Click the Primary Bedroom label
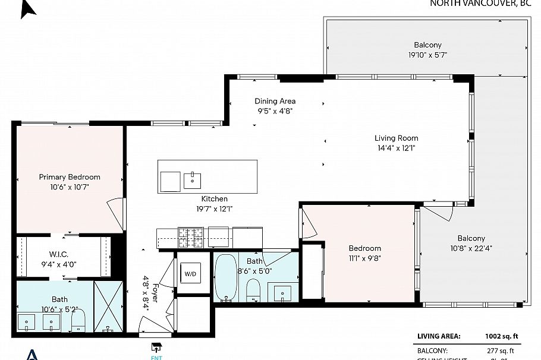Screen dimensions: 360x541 [x=70, y=177]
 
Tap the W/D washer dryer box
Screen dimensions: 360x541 [x=190, y=274]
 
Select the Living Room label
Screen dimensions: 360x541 [x=396, y=138]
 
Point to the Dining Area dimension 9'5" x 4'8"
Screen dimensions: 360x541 [x=275, y=110]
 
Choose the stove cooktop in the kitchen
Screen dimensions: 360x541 [x=190, y=238]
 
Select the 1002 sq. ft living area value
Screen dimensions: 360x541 [x=502, y=336]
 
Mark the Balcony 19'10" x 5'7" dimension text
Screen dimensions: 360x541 [x=427, y=55]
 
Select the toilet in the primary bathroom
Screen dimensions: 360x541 [x=79, y=321]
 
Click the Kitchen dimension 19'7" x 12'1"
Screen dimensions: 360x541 [x=214, y=209]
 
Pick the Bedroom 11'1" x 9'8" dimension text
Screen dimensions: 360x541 [x=364, y=258]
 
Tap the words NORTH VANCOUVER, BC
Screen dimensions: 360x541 [x=480, y=3]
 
